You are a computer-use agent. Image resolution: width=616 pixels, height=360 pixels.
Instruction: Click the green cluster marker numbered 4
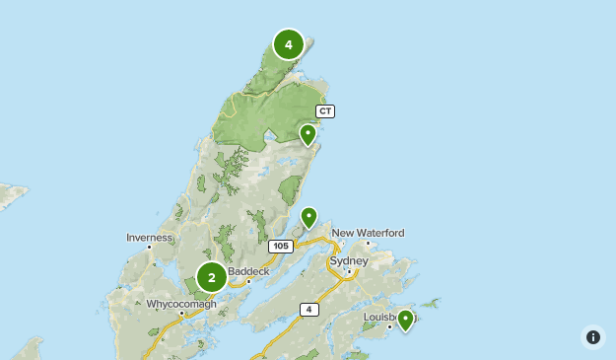point(288,44)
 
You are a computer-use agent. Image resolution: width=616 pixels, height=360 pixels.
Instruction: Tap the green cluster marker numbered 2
point(211,277)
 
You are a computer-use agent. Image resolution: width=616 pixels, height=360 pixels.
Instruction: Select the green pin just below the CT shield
point(308,134)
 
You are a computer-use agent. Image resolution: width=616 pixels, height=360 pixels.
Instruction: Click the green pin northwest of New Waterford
point(308,217)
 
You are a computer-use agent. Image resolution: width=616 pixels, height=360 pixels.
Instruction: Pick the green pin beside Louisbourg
point(404,320)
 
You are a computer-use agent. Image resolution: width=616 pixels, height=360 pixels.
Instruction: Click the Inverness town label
point(150,237)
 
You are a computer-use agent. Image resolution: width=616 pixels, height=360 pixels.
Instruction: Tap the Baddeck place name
point(248,270)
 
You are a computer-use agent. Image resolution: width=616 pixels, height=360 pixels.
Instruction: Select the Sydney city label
point(350,261)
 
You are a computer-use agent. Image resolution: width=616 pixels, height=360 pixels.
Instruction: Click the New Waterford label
point(368,233)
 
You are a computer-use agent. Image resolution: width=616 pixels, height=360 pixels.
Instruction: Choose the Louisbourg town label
point(382,317)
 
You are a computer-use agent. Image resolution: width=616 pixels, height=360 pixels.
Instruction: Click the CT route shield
point(325,110)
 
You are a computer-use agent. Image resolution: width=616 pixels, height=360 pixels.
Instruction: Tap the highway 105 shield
point(280,245)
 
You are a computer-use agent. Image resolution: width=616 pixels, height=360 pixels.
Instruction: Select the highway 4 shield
point(309,310)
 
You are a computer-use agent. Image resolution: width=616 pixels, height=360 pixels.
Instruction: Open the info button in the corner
point(592,337)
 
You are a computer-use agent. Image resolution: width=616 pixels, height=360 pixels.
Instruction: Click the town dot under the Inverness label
point(150,247)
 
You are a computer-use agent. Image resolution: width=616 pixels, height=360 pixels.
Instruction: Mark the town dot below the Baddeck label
point(249,280)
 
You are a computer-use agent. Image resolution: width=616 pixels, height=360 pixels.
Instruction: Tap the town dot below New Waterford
point(368,243)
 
